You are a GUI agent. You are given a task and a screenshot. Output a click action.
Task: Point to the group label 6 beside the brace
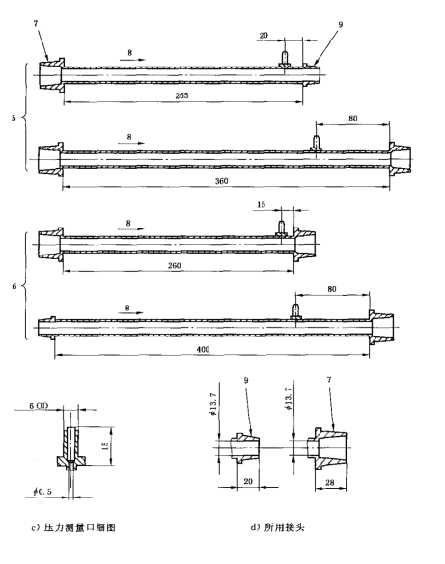pyautogui.click(x=13, y=288)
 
